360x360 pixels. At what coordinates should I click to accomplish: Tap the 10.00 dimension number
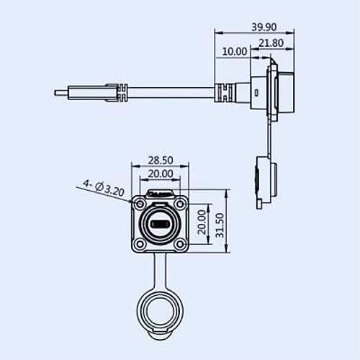(235, 52)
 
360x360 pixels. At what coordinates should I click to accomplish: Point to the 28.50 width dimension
(159, 161)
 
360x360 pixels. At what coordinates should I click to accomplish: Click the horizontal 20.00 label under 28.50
(159, 174)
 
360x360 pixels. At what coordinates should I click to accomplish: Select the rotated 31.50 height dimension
(220, 225)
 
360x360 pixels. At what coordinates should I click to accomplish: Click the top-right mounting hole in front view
(181, 204)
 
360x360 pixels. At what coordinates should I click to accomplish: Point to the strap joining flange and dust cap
(158, 274)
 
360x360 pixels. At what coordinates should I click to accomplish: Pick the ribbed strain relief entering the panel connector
(223, 93)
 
